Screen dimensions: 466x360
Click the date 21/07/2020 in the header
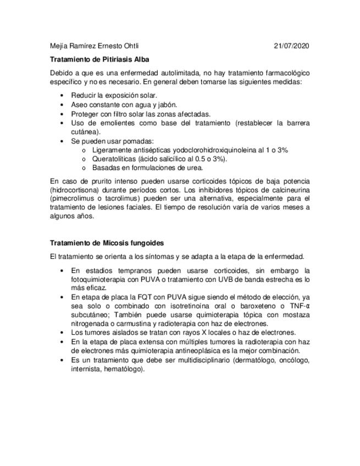pyautogui.click(x=291, y=46)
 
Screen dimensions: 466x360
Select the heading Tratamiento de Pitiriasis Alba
pyautogui.click(x=99, y=59)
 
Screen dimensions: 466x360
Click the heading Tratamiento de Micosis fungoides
pyautogui.click(x=107, y=242)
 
